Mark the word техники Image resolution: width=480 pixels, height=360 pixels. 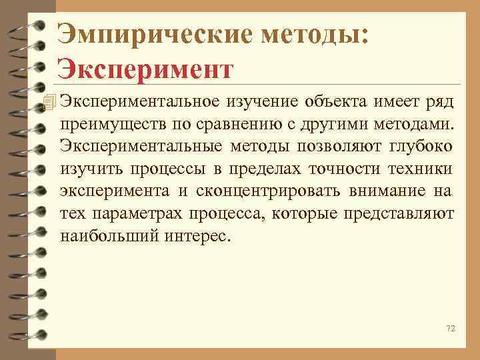pyautogui.click(x=419, y=169)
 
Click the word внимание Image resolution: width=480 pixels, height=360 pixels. pyautogui.click(x=383, y=192)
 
